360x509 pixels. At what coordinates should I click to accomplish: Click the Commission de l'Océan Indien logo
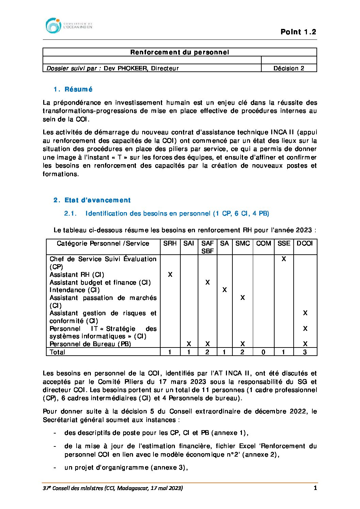tap(68, 26)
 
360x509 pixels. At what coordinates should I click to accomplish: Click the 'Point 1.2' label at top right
tap(298, 32)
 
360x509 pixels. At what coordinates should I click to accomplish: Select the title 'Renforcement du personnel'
tap(180, 52)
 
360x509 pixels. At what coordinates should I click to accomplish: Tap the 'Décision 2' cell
tap(289, 68)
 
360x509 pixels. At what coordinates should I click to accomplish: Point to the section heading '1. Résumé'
tap(73, 89)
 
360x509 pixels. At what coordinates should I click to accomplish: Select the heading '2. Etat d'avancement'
tap(92, 200)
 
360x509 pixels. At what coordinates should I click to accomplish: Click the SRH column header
tap(170, 243)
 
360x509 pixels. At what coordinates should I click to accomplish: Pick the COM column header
tap(263, 243)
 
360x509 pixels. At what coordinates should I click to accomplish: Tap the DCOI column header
tap(305, 243)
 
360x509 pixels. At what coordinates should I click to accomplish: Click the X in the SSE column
tap(284, 259)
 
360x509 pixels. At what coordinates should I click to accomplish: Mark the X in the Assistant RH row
tap(170, 275)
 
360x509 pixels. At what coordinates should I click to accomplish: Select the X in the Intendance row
tap(224, 290)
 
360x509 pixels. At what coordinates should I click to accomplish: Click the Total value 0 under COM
tap(263, 352)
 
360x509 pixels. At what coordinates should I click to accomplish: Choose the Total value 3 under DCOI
tap(305, 352)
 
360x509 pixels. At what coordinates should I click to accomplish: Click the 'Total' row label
tap(57, 352)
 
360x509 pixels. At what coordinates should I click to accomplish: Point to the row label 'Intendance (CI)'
tap(75, 290)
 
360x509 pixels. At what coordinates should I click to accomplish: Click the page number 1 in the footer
tap(315, 488)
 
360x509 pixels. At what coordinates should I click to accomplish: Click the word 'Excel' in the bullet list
tap(247, 446)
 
